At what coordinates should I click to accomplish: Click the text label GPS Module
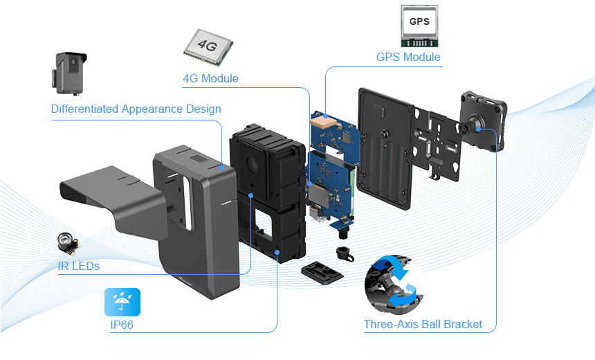[x=408, y=57]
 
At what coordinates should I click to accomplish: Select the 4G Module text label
[x=210, y=78]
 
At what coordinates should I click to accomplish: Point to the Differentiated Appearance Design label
[x=136, y=109]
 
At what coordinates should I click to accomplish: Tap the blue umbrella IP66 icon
[x=122, y=303]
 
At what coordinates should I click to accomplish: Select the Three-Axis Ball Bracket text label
[x=423, y=324]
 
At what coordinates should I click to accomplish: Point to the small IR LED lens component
[x=68, y=244]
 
